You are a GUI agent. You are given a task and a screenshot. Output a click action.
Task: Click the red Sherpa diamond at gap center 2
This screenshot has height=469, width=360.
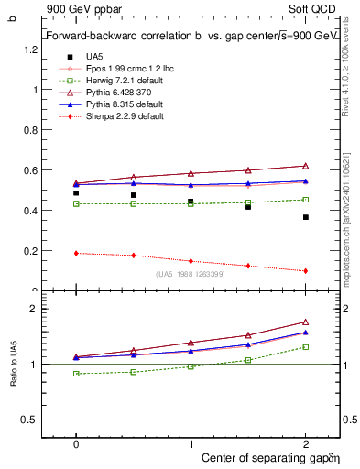(305, 271)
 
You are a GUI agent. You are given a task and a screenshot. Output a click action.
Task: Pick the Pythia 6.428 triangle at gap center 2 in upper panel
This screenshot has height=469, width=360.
(305, 166)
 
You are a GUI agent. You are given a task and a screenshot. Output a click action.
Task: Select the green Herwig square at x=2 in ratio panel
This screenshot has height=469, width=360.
(305, 346)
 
